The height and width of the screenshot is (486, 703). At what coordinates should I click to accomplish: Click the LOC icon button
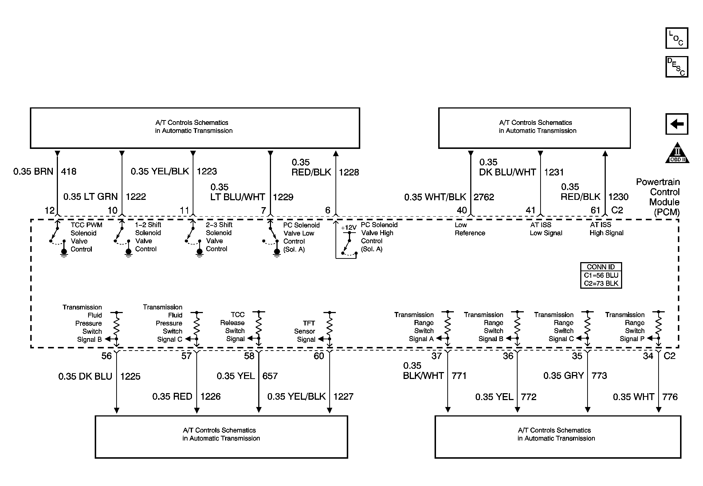676,38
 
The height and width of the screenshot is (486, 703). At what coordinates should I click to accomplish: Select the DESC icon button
676,67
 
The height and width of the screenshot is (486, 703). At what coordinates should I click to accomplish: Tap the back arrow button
676,124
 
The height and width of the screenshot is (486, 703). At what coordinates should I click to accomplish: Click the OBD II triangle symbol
677,153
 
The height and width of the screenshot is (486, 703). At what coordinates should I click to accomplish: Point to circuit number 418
68,171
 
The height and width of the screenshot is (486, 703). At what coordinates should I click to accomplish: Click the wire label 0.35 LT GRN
90,197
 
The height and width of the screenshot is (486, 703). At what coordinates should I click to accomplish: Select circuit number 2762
484,197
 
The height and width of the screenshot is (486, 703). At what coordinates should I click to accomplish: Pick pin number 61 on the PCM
595,210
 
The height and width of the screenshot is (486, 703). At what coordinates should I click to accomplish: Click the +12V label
349,228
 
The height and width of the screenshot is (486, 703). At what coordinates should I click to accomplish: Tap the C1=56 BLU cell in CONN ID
601,275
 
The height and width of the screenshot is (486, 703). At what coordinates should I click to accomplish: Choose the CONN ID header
601,267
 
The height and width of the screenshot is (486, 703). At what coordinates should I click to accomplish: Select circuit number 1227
343,396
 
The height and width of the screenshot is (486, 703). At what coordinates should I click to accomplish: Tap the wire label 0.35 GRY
563,376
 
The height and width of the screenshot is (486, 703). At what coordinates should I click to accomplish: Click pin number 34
648,356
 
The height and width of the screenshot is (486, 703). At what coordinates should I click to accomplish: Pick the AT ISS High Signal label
606,229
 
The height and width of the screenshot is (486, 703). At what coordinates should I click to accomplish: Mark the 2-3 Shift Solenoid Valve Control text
219,237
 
